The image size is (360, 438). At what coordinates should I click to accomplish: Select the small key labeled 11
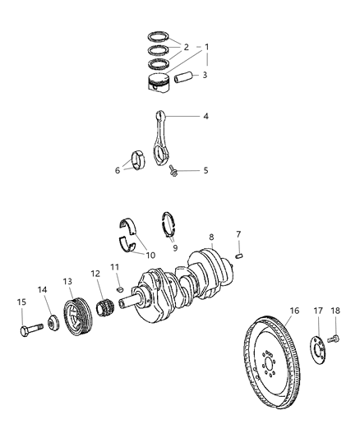point(120,288)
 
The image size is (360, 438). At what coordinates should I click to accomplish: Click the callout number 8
point(210,237)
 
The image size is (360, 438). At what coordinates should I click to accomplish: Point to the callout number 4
point(205,117)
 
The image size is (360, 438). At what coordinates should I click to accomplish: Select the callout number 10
point(150,255)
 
